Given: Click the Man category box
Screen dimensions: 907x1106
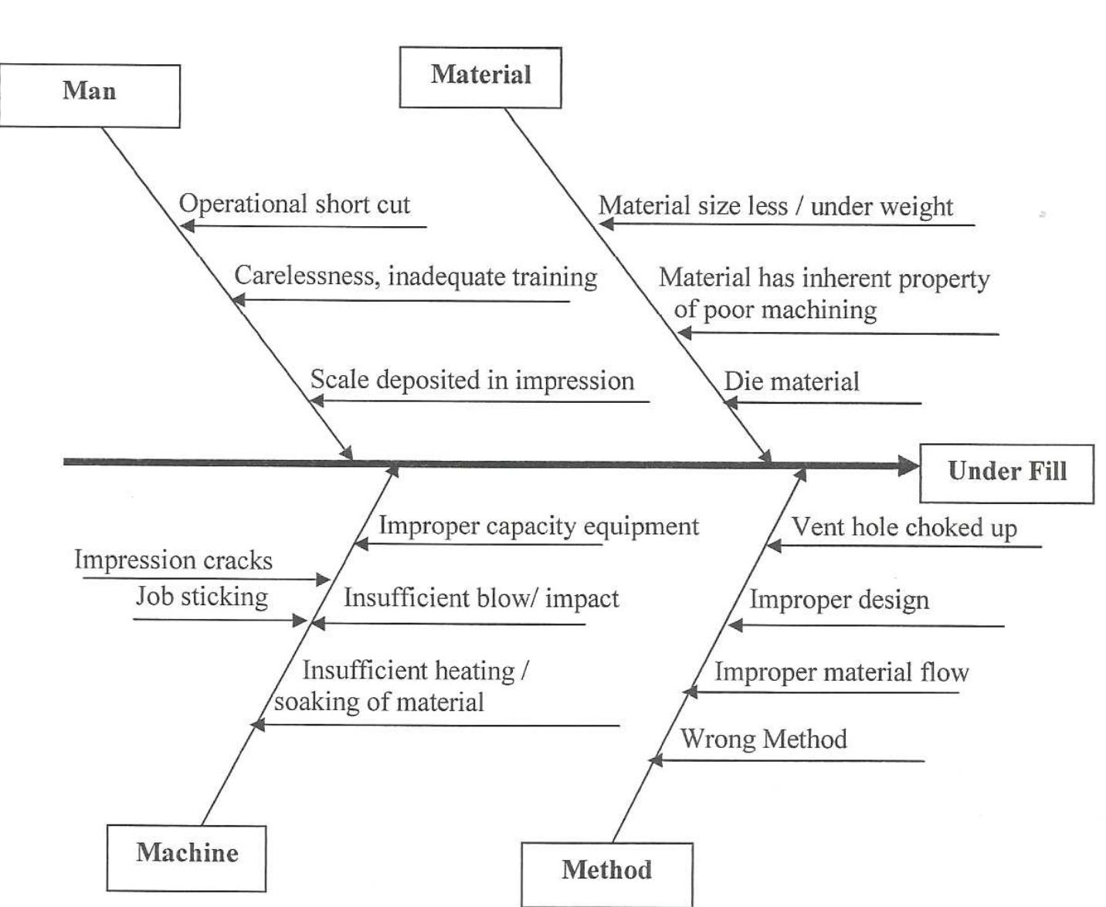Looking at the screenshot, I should click(x=89, y=96).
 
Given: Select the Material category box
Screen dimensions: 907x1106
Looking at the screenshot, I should click(x=480, y=77).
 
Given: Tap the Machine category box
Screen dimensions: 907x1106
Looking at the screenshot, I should click(x=186, y=858).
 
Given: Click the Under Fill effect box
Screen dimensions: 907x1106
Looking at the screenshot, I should click(x=1006, y=473).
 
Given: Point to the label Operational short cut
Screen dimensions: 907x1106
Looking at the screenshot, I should click(x=294, y=205).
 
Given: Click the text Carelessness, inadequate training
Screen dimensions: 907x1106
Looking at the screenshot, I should click(x=416, y=276).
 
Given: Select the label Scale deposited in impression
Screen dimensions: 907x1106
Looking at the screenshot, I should click(x=472, y=381).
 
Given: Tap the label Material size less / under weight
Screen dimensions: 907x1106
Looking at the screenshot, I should click(x=775, y=207).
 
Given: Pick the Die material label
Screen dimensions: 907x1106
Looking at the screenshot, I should click(x=791, y=382).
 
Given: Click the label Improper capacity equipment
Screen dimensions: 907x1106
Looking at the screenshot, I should click(x=538, y=526).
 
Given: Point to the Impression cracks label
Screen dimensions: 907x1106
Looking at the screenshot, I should click(x=173, y=560).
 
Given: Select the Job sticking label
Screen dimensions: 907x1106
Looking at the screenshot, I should click(x=202, y=597).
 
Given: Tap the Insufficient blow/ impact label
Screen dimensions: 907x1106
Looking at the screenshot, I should click(x=480, y=599).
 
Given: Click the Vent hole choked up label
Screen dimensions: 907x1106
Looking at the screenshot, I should click(x=904, y=528).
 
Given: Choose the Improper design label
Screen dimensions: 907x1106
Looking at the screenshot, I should click(x=839, y=601).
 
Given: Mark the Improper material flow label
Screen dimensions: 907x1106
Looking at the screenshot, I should click(x=841, y=672).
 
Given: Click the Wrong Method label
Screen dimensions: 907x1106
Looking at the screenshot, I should click(x=763, y=739).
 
